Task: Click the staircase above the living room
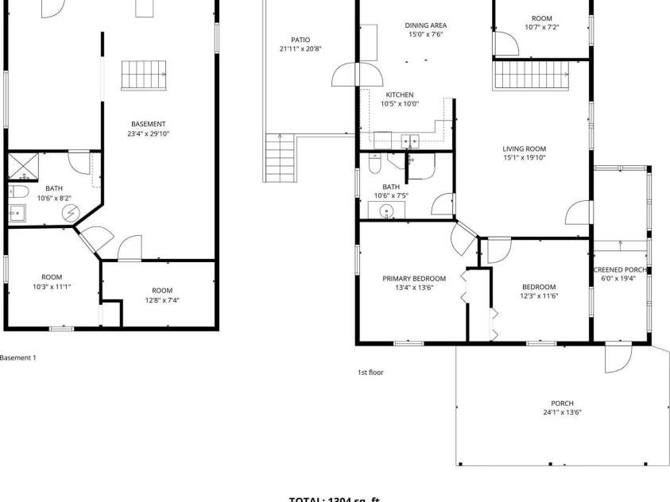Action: click(523, 75)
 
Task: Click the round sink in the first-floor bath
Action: click(387, 211)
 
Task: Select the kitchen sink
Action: click(410, 141)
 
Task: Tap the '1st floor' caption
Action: click(370, 372)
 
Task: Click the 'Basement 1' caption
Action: click(17, 358)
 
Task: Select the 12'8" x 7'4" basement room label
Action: click(162, 295)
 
